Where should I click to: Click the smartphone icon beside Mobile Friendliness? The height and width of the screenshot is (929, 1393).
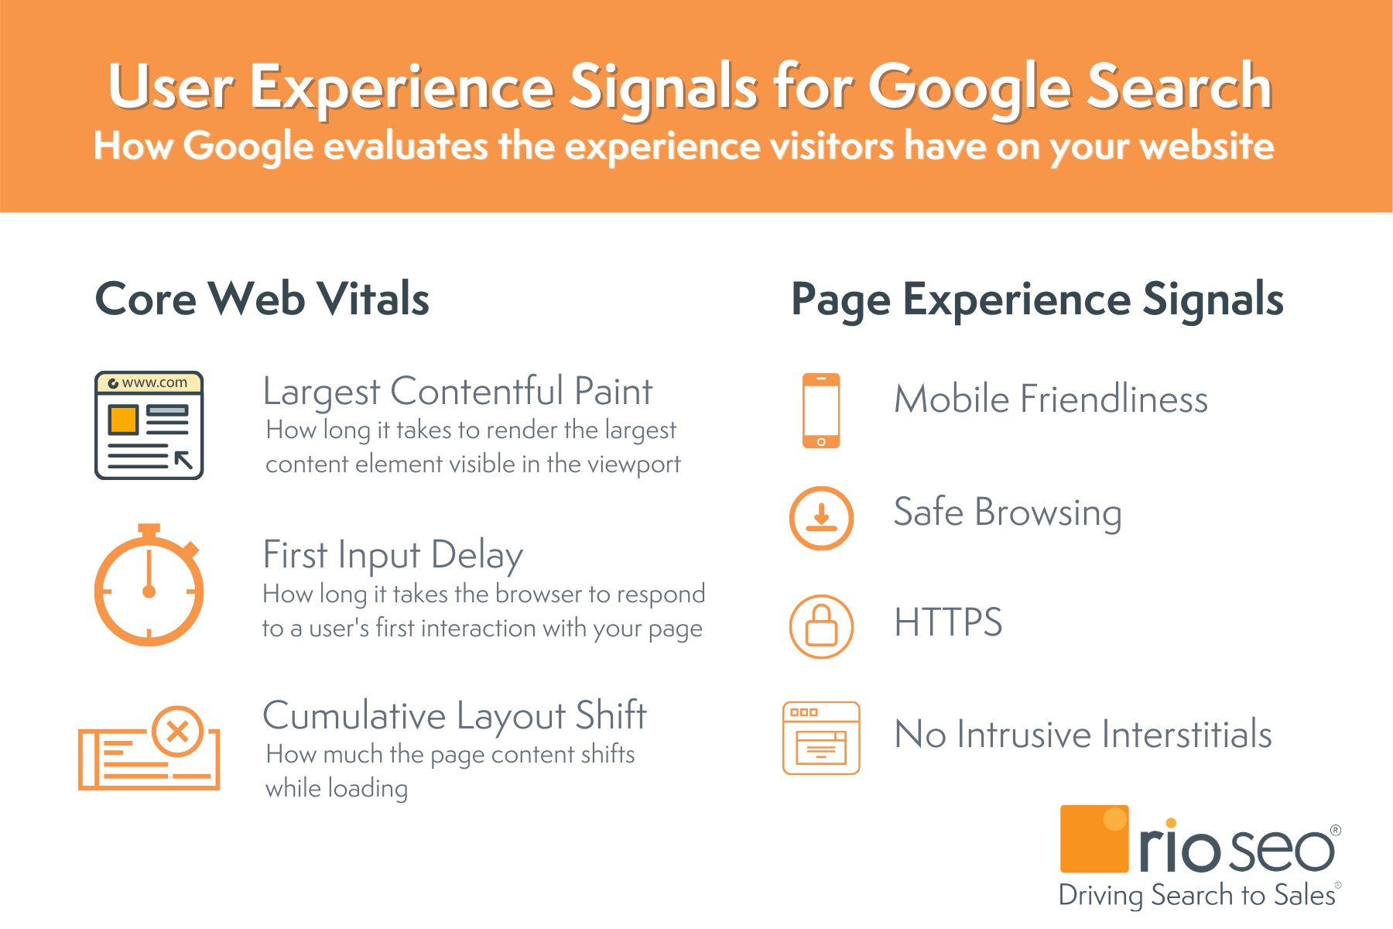click(x=821, y=410)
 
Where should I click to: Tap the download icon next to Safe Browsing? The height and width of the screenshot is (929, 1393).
click(x=821, y=518)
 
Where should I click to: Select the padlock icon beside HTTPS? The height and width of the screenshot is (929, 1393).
click(x=821, y=626)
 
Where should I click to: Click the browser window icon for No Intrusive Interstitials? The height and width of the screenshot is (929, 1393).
click(x=821, y=738)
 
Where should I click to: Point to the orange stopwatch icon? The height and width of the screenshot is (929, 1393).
click(x=149, y=588)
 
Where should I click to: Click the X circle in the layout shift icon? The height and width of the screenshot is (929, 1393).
click(x=178, y=731)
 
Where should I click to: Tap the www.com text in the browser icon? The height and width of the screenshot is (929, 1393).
click(x=154, y=382)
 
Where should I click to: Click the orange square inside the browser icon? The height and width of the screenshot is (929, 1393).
click(x=123, y=420)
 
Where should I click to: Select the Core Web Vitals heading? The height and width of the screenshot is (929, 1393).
click(x=262, y=299)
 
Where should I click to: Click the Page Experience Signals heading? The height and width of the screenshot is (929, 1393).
click(x=1037, y=300)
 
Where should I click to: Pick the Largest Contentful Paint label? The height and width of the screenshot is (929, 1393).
click(x=457, y=392)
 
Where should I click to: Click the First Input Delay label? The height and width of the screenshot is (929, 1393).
click(x=393, y=555)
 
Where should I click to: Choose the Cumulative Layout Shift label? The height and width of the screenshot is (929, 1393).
click(x=454, y=715)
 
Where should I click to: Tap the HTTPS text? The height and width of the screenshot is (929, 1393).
click(x=948, y=622)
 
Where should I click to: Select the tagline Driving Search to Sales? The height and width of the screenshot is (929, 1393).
click(x=1196, y=895)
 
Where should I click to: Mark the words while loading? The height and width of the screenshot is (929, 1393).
click(x=337, y=788)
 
